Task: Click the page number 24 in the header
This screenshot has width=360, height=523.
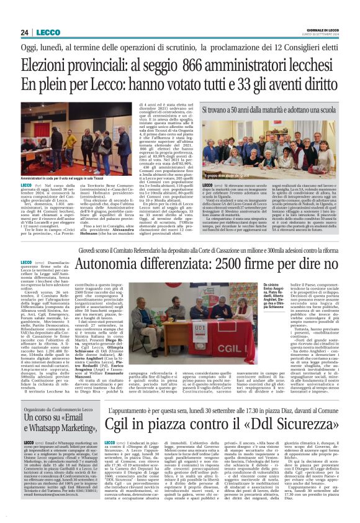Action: tap(24, 32)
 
